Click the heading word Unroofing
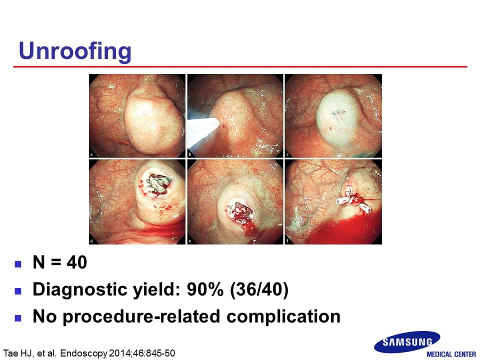click(75, 51)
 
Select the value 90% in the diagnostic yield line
click(205, 289)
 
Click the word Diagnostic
click(80, 290)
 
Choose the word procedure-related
click(141, 316)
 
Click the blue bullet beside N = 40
click(18, 264)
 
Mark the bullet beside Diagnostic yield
click(18, 291)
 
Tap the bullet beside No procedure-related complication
click(18, 318)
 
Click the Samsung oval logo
click(407, 341)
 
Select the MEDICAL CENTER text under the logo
click(451, 354)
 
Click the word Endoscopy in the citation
click(84, 353)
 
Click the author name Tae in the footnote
click(10, 353)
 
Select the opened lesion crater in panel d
click(157, 183)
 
